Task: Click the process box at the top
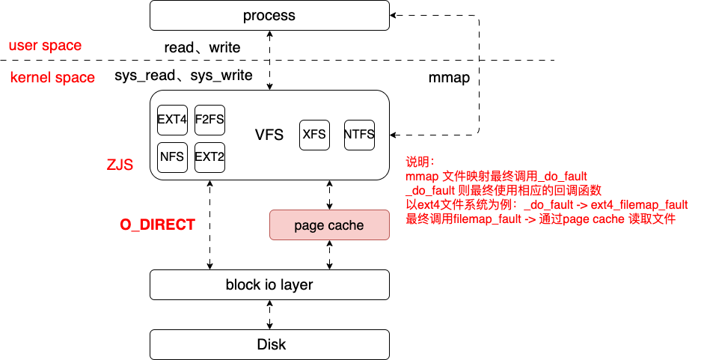click(269, 16)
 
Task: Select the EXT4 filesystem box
click(172, 119)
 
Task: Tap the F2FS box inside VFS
click(209, 119)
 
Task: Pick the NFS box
click(172, 157)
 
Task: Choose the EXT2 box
click(209, 157)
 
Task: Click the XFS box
click(314, 135)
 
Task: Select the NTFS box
click(359, 135)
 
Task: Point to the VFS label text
click(269, 135)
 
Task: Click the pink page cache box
click(329, 225)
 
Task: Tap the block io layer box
click(269, 285)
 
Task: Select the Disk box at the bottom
click(269, 344)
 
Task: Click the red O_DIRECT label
click(158, 225)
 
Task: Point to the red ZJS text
click(120, 164)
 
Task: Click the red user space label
click(45, 46)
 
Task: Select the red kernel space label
click(52, 77)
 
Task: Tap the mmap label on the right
click(449, 77)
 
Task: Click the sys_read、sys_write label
click(183, 76)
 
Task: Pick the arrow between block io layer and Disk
click(269, 314)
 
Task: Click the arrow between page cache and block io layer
click(329, 255)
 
